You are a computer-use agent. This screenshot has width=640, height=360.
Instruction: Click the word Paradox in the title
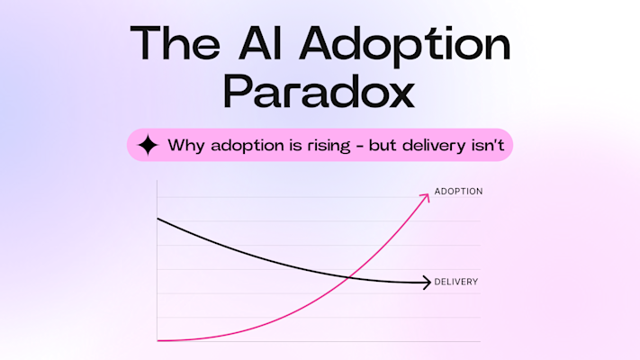tap(320, 93)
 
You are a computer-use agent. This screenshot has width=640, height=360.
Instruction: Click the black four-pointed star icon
tap(149, 145)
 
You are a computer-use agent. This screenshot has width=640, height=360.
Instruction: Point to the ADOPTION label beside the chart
tap(458, 192)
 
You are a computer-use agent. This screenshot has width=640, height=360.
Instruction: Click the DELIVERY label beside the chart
tap(455, 282)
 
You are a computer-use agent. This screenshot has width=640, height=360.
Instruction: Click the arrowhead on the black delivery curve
tap(427, 283)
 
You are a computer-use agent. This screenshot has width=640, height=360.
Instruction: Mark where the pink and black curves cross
tap(347, 275)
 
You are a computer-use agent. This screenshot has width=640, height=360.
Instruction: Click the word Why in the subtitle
tap(185, 145)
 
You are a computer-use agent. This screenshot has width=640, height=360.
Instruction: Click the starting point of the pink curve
tap(158, 340)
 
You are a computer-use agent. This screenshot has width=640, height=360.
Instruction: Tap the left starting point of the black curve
tap(158, 219)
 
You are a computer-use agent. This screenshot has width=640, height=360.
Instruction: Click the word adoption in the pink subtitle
tap(241, 146)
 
